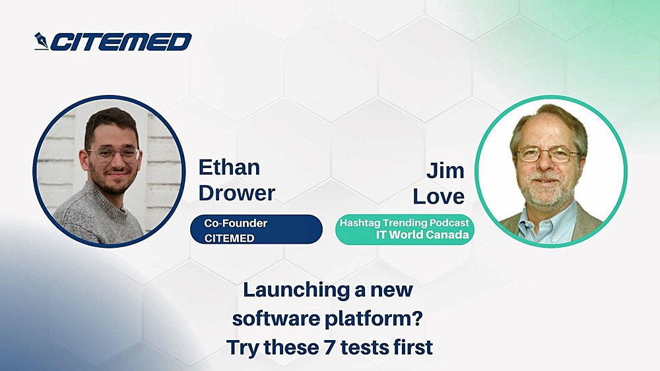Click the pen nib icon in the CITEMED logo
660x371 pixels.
tap(42, 42)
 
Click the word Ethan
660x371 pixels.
tap(229, 167)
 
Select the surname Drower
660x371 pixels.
tap(236, 192)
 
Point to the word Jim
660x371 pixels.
tap(445, 171)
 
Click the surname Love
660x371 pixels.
tap(439, 196)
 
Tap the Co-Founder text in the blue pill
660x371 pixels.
tap(236, 223)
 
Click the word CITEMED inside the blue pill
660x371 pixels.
tap(229, 238)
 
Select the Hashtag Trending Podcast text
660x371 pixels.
tap(405, 223)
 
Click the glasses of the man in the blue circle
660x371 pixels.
tap(113, 155)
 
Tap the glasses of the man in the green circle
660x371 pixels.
tap(546, 155)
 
